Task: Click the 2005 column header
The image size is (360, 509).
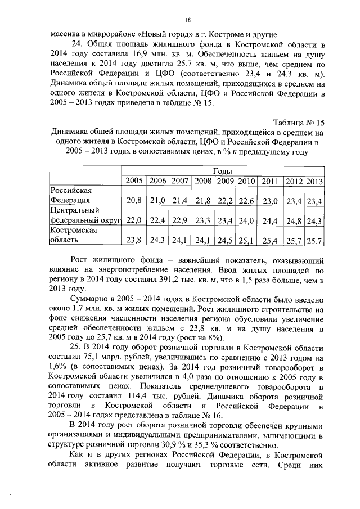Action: coord(133,181)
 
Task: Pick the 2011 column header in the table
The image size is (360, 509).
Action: coord(270,181)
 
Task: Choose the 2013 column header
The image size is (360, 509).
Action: coord(314,181)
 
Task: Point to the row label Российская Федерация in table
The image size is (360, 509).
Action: coord(71,195)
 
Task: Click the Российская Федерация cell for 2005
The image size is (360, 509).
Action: coord(134,200)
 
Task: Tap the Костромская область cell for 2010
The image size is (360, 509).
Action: coord(246,241)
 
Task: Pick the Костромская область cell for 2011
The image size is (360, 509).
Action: coord(270,241)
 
